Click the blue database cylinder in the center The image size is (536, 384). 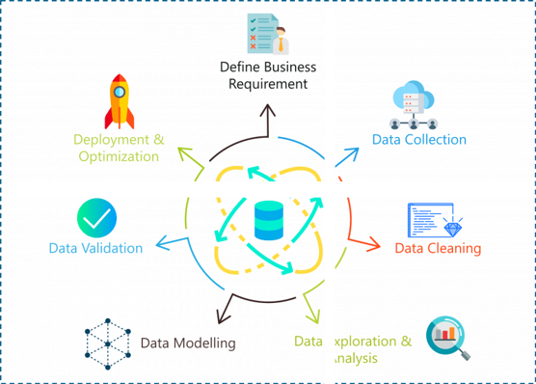(x=268, y=221)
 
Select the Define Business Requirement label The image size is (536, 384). (x=268, y=75)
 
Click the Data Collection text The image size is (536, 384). (x=419, y=140)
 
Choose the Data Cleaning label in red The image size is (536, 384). (x=438, y=248)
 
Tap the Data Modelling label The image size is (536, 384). (x=188, y=343)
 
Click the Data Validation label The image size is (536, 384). (x=95, y=248)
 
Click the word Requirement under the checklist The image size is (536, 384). (x=268, y=84)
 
